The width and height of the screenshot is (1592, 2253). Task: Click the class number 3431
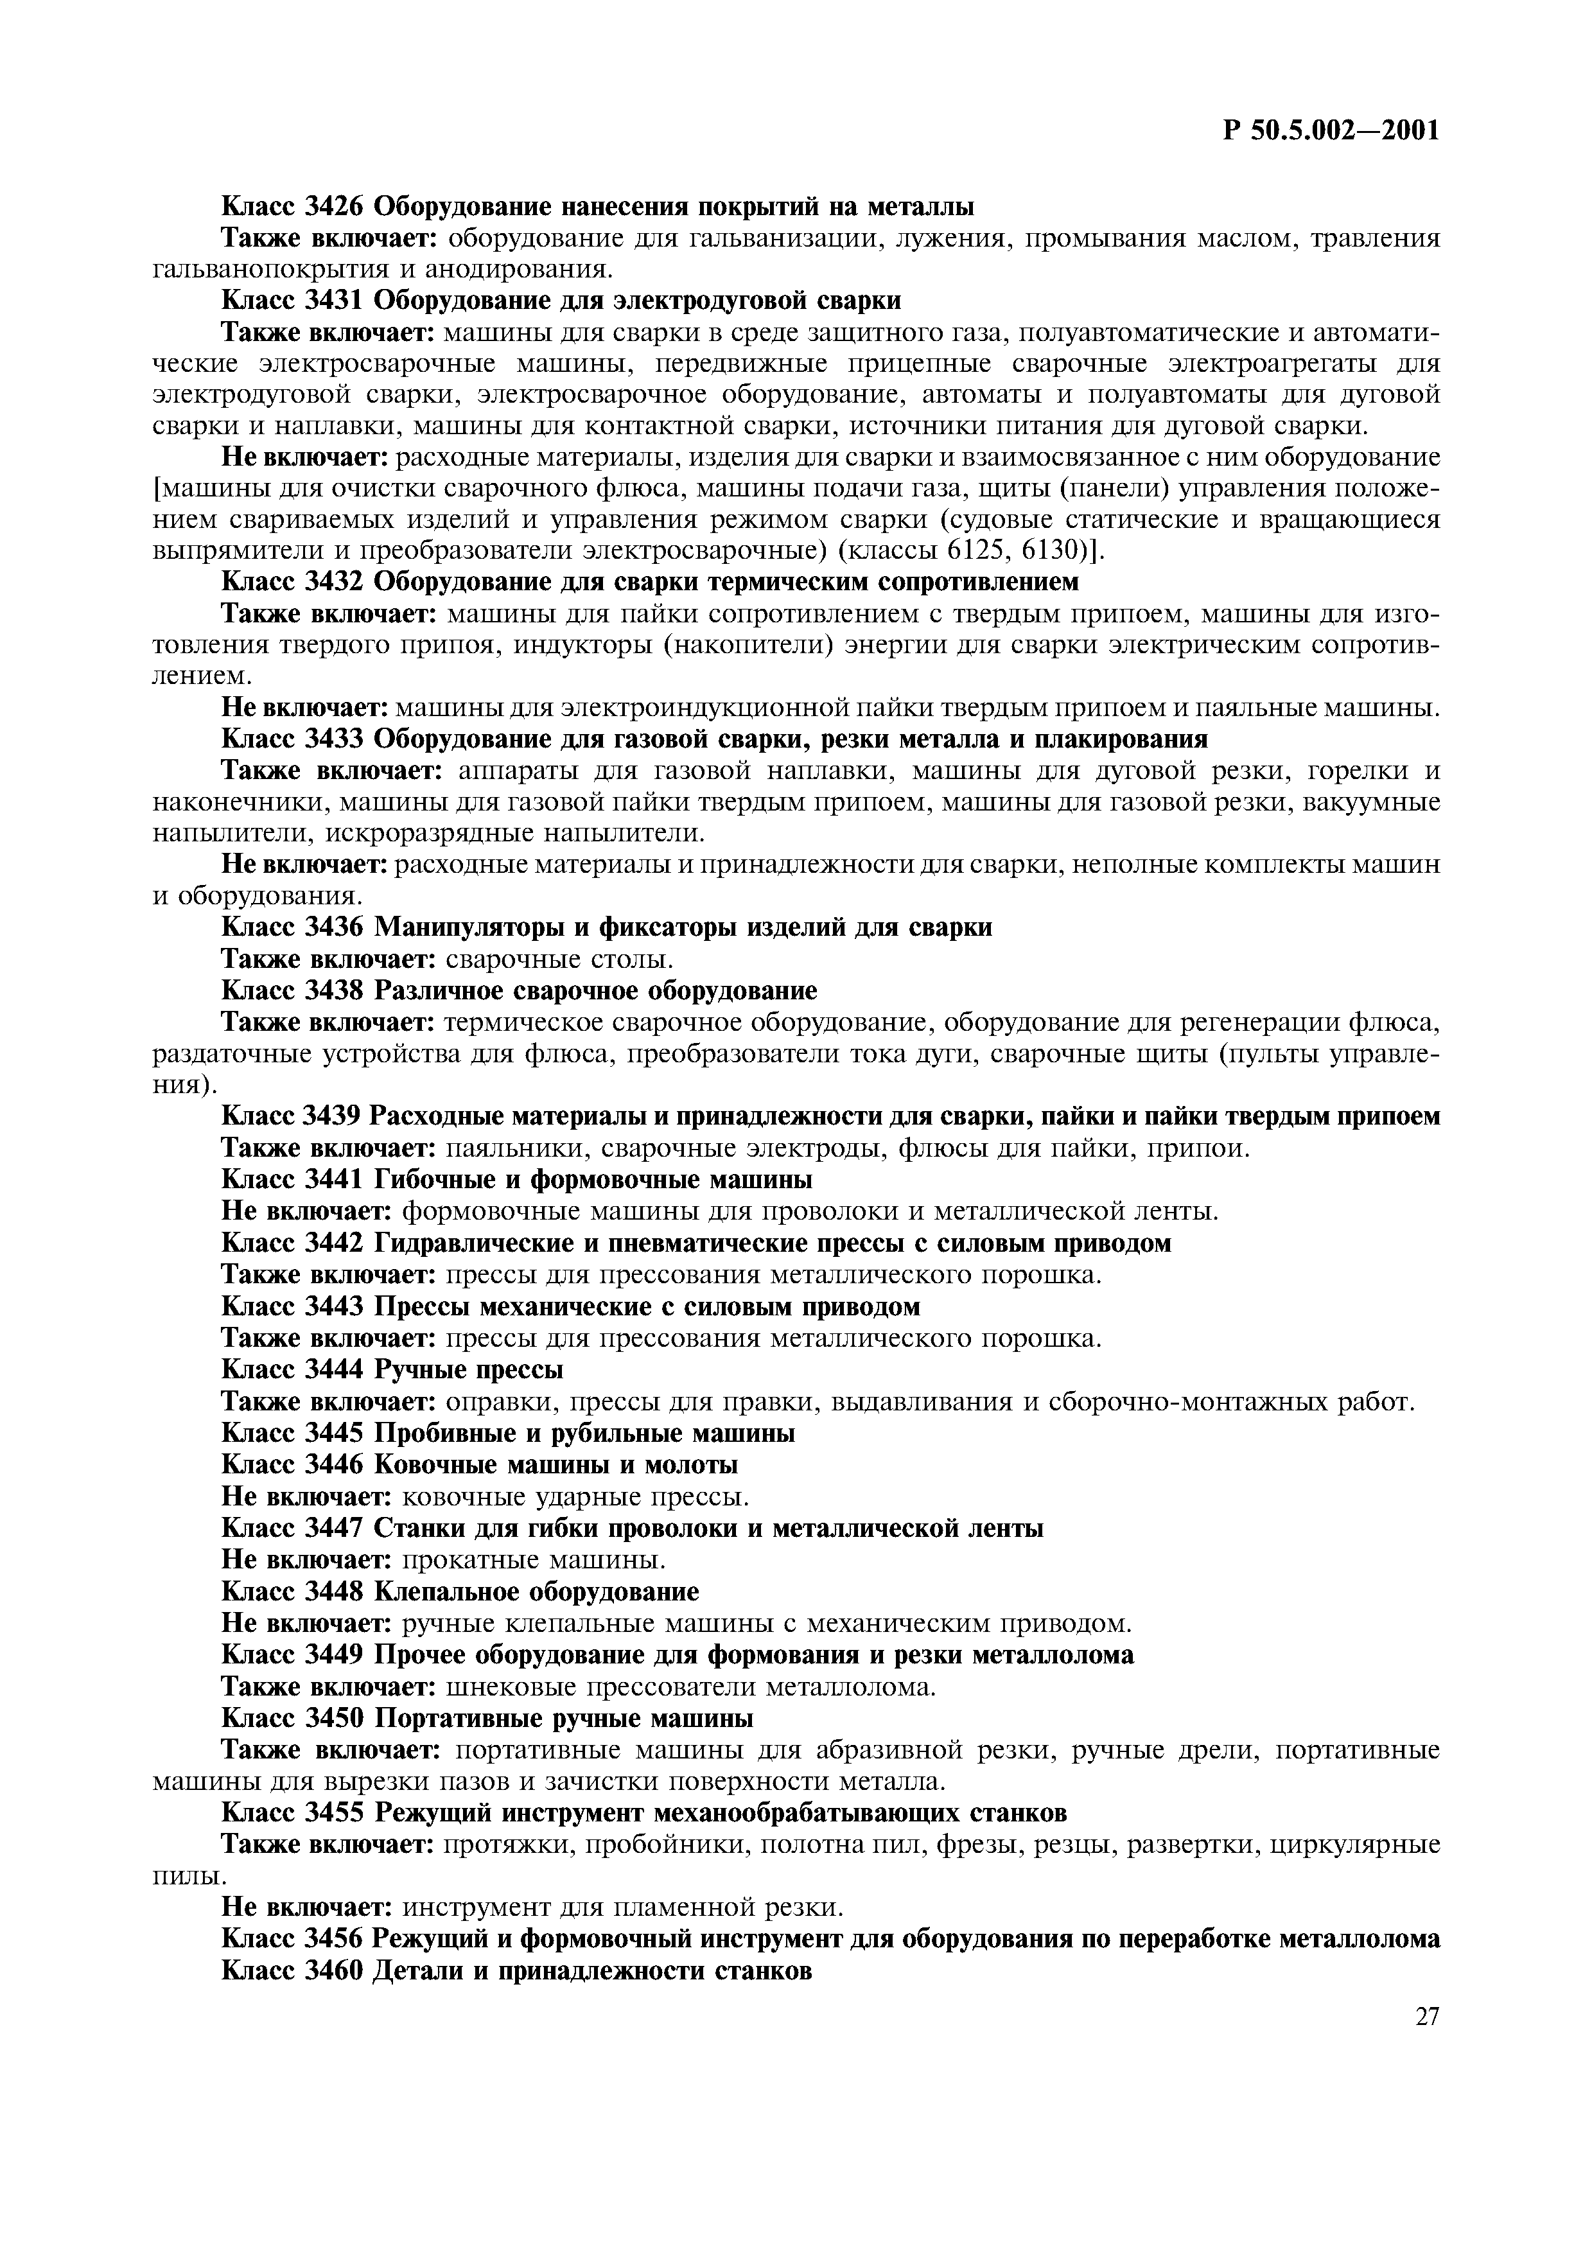coord(335,301)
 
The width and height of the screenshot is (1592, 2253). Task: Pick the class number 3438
coord(335,990)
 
